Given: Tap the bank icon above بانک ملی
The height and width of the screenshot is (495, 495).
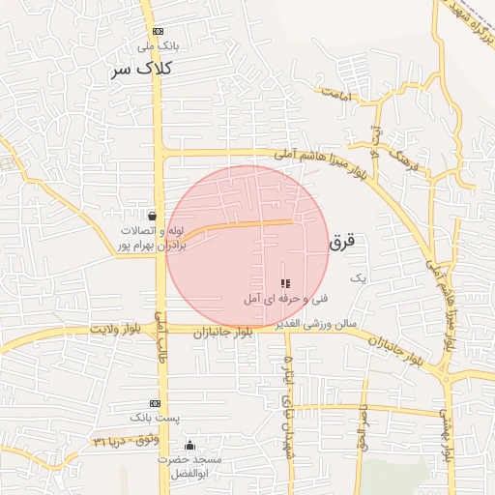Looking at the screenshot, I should coord(158,30).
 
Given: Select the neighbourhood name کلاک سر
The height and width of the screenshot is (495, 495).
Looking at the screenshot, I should coord(141,70).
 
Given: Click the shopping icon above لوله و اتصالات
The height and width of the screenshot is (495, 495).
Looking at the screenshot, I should coord(152,216).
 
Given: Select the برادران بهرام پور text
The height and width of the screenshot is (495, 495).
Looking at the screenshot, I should coord(151,247).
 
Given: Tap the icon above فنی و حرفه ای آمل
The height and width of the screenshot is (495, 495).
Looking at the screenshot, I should coord(284,283).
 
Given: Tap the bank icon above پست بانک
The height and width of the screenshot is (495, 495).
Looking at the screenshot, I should coord(155,403).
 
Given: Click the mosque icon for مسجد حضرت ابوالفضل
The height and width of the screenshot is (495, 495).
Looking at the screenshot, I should coord(189,445).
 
